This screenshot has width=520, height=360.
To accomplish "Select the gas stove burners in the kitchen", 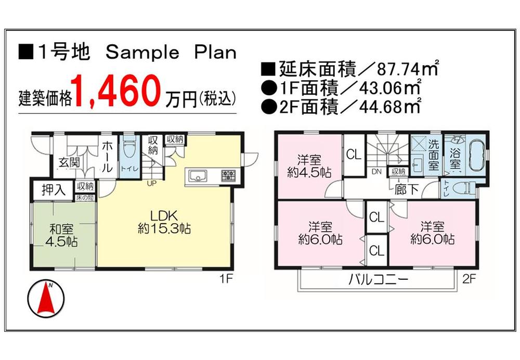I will [x=228, y=175].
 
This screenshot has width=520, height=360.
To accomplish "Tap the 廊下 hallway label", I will [x=407, y=189].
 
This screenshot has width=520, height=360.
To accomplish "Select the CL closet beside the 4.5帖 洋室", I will [x=354, y=155].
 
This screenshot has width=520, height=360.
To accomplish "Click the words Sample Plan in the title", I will [x=171, y=52].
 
